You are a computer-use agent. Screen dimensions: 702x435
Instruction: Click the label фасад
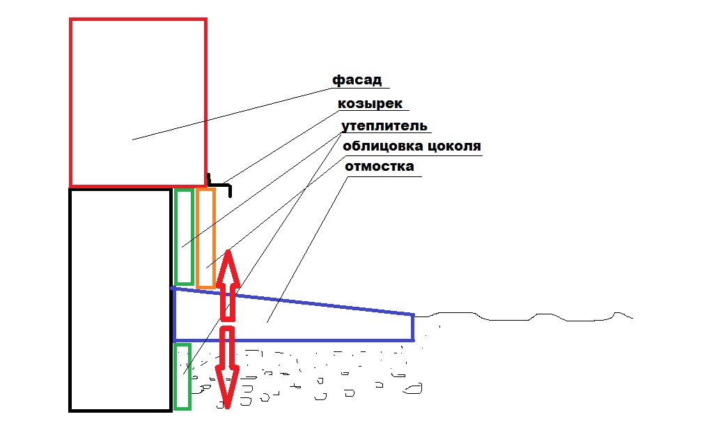tap(357, 80)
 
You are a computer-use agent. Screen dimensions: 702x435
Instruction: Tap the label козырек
tap(370, 103)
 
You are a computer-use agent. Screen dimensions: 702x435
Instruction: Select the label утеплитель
tap(384, 126)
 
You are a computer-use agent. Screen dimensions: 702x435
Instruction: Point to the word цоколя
tap(454, 146)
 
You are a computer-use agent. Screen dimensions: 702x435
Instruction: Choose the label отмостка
tap(379, 166)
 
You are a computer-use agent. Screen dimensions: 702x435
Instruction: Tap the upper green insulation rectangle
tap(175, 237)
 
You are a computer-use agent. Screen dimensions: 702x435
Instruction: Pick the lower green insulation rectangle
tap(175, 376)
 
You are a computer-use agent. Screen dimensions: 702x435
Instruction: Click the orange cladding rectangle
tap(197, 238)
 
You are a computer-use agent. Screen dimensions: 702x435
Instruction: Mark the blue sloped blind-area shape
tap(293, 340)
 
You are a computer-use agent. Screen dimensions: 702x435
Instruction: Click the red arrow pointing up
tap(228, 285)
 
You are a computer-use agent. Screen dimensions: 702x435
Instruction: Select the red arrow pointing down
tap(228, 367)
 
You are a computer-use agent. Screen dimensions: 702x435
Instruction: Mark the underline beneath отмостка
tap(384, 176)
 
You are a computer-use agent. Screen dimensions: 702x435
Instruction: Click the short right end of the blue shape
tap(412, 328)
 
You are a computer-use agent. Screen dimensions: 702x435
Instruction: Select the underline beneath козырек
tap(373, 110)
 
